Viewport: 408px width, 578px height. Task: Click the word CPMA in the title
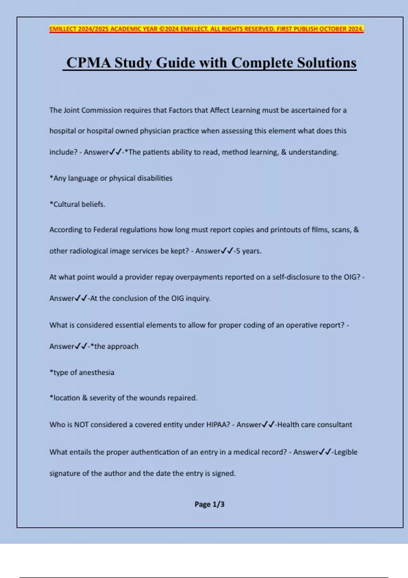[89, 63]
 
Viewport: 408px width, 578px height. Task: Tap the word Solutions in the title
[327, 63]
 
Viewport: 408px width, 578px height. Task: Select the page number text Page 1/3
[209, 504]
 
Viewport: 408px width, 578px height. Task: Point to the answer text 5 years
[249, 251]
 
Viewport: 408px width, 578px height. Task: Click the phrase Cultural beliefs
[79, 204]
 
